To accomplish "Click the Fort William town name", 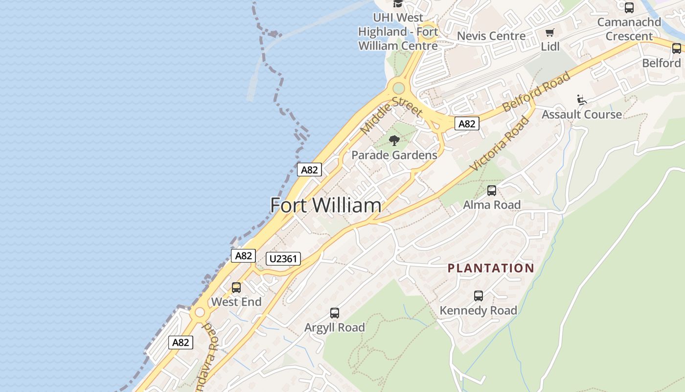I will coord(326,205).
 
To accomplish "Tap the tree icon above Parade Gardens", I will coord(394,141).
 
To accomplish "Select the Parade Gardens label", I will coord(394,155).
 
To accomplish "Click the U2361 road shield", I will coord(283,258).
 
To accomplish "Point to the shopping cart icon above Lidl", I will coord(550,33).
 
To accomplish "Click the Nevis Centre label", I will coord(491,36).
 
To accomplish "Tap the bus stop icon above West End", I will coord(236,288).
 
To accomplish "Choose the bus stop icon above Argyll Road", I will coord(335,313).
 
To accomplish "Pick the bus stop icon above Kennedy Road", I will coord(479,296).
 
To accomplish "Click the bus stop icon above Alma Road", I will coord(492,191).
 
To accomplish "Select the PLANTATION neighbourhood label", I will coord(491,268).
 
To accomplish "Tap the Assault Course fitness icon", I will coord(582,100).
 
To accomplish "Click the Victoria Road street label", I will coord(500,144).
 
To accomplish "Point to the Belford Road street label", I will coord(536,91).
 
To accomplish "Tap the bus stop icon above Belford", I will coord(677,49).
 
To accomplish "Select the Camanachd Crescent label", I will coord(629,29).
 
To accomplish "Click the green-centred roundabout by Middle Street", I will coord(399,88).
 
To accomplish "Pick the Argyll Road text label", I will coord(335,327).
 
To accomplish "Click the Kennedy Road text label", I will coord(478,310).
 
